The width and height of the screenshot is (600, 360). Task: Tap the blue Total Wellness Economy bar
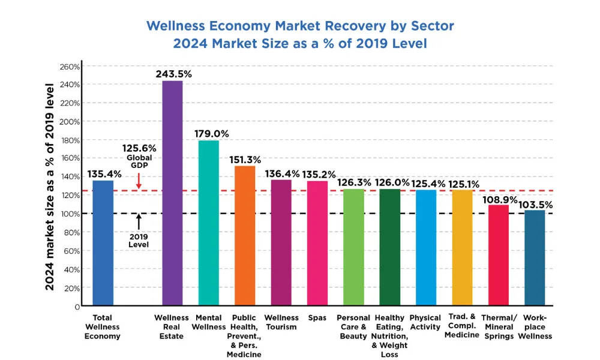tap(103, 243)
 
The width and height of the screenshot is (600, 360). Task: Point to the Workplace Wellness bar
tap(535, 257)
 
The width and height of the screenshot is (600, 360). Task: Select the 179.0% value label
tap(211, 133)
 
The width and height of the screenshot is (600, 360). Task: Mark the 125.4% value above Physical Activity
tap(426, 182)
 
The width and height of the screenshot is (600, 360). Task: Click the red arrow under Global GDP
tap(139, 181)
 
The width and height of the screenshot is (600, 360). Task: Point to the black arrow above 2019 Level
tap(139, 222)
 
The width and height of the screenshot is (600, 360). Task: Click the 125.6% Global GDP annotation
tap(139, 148)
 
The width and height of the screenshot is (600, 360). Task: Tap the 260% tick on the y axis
tap(70, 66)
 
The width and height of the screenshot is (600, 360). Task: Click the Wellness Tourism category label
tap(281, 322)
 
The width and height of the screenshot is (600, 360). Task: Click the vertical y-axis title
tap(50, 186)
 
